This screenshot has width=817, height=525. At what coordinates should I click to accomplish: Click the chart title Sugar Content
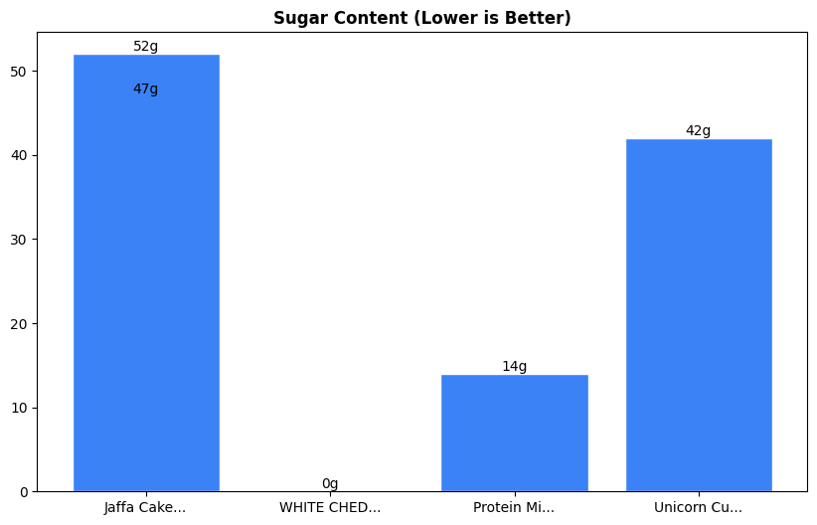(x=421, y=19)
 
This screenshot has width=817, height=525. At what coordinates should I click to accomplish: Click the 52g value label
(x=146, y=47)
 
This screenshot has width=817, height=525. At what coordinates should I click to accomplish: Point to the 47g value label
(x=146, y=89)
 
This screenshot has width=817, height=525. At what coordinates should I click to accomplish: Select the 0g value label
(x=330, y=484)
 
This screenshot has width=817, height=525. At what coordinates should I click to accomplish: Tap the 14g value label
(x=514, y=367)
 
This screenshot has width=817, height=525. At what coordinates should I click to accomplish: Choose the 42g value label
(x=699, y=131)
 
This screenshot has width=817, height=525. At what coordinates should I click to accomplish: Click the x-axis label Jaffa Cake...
(x=145, y=508)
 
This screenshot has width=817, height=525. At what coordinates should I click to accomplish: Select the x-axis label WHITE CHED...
(x=330, y=508)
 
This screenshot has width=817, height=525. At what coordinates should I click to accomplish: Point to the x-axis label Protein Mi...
(x=514, y=508)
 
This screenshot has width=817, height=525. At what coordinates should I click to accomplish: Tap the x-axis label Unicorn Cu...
(x=699, y=508)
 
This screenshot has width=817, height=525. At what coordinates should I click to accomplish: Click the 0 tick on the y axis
(x=24, y=492)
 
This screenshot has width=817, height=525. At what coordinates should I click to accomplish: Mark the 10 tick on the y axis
(x=20, y=408)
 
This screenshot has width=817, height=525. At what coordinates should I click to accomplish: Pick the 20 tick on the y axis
(x=20, y=324)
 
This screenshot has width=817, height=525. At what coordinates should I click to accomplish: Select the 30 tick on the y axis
(x=20, y=240)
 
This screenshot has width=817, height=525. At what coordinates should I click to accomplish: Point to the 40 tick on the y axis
(x=20, y=156)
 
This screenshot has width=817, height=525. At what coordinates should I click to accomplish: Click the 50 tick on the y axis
(x=20, y=72)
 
